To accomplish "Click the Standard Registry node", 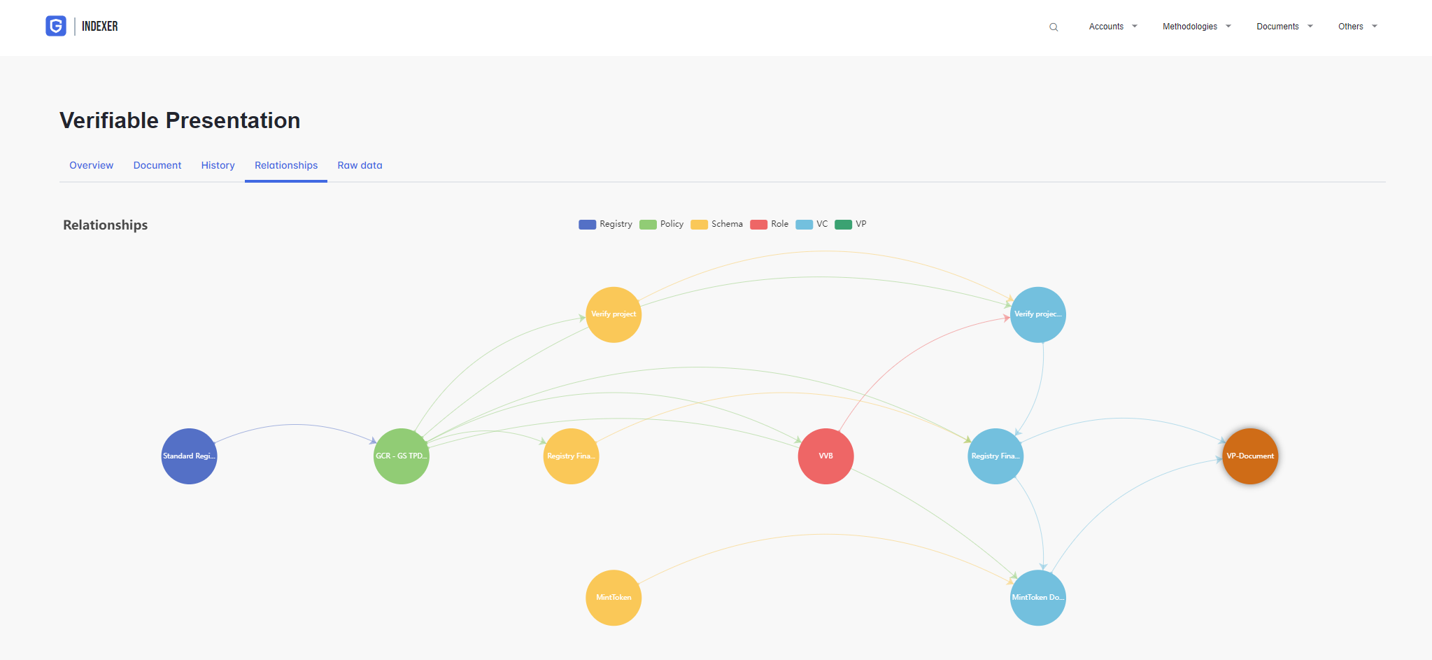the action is pyautogui.click(x=189, y=456).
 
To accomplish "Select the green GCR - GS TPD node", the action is pyautogui.click(x=402, y=456).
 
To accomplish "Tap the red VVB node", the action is pyautogui.click(x=825, y=456).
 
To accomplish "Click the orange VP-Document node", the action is pyautogui.click(x=1250, y=456).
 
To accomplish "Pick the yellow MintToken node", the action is pyautogui.click(x=614, y=598).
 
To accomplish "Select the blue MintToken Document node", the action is pyautogui.click(x=1038, y=598).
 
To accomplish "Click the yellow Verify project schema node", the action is pyautogui.click(x=614, y=314).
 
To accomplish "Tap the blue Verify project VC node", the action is pyautogui.click(x=1038, y=314).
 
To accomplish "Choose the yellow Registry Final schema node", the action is pyautogui.click(x=571, y=456).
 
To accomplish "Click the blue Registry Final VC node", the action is pyautogui.click(x=995, y=456).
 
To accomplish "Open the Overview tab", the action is pyautogui.click(x=91, y=165).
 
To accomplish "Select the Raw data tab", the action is pyautogui.click(x=360, y=165).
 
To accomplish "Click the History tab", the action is pyautogui.click(x=218, y=165).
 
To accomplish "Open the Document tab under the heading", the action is pyautogui.click(x=157, y=165).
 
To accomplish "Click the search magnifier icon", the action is pyautogui.click(x=1054, y=27).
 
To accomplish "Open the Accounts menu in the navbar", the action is pyautogui.click(x=1113, y=27).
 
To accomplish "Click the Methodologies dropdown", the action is pyautogui.click(x=1196, y=27).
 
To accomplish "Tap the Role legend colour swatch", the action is pyautogui.click(x=758, y=225).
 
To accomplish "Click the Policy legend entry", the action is pyautogui.click(x=661, y=224).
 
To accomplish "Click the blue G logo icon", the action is pyautogui.click(x=56, y=26).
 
